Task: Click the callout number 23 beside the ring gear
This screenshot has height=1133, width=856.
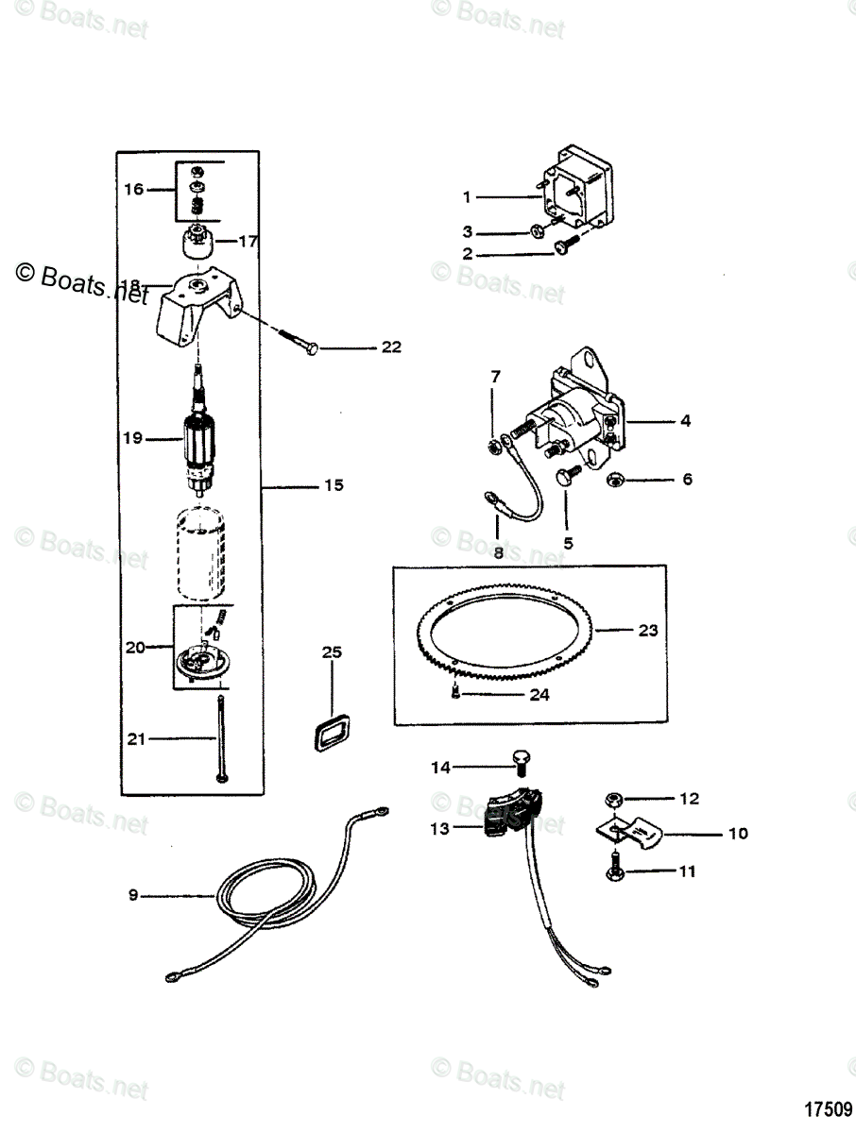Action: (647, 630)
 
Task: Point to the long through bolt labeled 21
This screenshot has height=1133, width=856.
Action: (220, 736)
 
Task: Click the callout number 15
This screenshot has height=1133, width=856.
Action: (333, 485)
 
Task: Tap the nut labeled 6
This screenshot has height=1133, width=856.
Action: (612, 480)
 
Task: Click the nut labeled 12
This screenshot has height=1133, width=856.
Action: (613, 800)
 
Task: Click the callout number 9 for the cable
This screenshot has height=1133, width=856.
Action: (133, 894)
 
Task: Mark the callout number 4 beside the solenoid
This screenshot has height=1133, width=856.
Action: (685, 421)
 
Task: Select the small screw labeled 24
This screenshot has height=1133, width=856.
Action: (455, 694)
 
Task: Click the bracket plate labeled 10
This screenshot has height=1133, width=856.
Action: (631, 829)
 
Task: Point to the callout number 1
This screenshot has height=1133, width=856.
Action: (467, 196)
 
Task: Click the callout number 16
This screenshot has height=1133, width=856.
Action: (133, 189)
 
